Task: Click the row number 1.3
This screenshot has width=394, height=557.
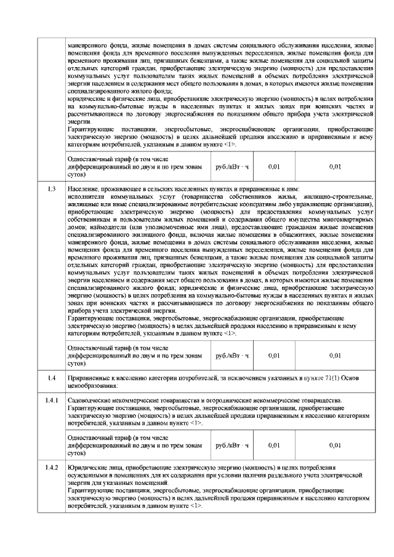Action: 52,188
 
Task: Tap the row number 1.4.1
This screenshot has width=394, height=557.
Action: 52,401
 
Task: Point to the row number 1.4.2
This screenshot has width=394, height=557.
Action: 52,468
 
